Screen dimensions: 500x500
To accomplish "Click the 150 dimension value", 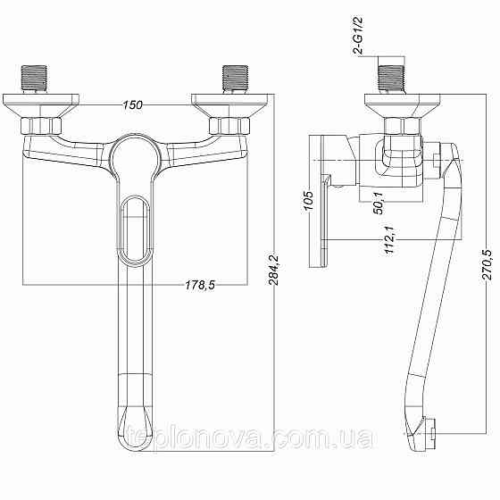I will point(133,106).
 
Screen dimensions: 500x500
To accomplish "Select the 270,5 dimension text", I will point(487,263).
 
